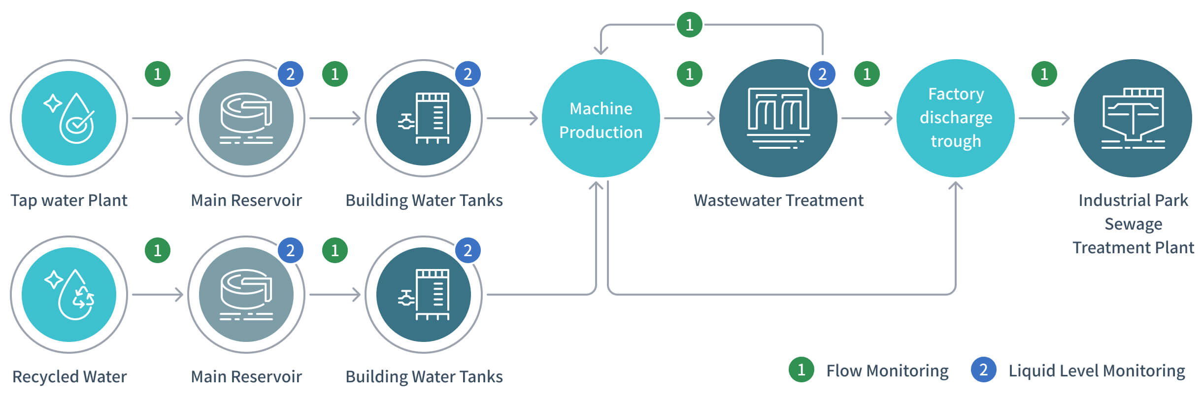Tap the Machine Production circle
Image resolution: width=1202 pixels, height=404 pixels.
(601, 118)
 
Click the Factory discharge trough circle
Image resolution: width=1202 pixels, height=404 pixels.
(956, 118)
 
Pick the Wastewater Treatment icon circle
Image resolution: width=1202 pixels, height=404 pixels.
(778, 118)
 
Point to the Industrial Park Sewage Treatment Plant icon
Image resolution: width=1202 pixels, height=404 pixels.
(1133, 118)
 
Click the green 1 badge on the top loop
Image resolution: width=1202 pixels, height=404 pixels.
(690, 25)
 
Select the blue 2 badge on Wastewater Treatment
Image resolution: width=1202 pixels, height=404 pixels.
(822, 74)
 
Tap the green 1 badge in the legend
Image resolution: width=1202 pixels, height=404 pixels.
(801, 370)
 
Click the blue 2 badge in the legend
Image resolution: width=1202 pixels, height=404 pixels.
(984, 370)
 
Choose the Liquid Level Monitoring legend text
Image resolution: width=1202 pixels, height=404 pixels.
(1097, 370)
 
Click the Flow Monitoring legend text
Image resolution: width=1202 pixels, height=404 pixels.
(887, 370)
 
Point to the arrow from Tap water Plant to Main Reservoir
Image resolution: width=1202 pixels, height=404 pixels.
(158, 118)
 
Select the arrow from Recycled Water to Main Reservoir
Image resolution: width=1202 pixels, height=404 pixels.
(158, 295)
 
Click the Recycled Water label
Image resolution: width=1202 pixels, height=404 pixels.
(69, 377)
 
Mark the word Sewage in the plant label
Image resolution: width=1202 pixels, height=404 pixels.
(1133, 224)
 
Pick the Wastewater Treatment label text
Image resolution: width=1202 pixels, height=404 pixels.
(778, 201)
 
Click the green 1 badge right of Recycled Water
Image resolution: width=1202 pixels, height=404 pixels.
(158, 250)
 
